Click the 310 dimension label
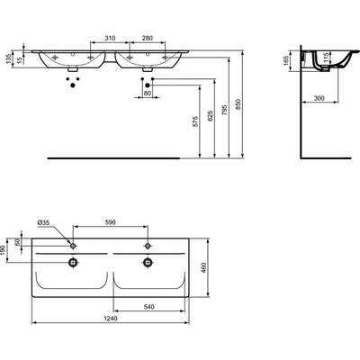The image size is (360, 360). point(110,39)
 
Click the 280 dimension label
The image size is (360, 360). point(148,39)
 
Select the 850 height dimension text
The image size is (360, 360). point(238,103)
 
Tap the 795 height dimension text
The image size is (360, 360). point(224,110)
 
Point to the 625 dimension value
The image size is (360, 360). point(210,116)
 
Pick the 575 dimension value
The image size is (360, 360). point(195,121)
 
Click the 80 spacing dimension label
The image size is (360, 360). point(148,94)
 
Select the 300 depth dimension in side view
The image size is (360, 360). point(319,98)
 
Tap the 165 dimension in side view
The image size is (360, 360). point(286,61)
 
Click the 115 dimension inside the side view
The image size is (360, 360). point(327,57)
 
